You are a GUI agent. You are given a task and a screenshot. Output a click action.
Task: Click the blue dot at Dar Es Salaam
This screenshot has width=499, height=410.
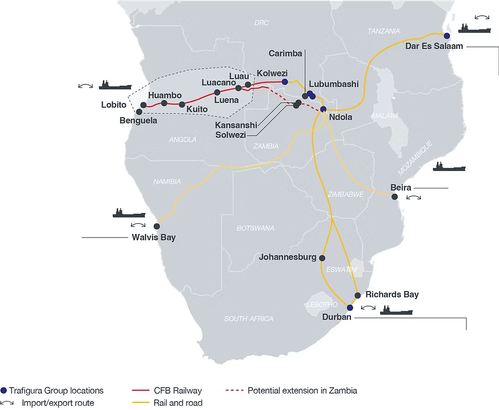447,36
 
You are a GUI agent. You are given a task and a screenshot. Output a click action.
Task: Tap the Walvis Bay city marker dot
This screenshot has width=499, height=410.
157,226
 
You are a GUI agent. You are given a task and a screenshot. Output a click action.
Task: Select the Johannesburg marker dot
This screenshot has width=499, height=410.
322,258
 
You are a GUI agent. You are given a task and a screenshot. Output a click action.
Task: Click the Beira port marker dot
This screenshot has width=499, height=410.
395,197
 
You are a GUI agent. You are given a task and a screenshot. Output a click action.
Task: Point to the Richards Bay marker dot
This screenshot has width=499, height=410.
357,295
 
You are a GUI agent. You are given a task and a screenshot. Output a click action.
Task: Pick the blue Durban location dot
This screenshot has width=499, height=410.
350,308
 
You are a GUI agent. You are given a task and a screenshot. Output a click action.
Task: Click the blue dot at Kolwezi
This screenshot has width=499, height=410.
285,82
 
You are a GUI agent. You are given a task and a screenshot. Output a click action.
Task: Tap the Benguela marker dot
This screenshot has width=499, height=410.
139,112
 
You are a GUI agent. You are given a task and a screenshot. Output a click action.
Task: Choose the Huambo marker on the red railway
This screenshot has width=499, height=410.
164,103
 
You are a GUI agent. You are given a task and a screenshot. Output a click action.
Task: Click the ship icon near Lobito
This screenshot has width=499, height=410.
115,85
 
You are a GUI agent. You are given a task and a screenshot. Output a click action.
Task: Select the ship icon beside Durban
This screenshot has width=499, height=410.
397,310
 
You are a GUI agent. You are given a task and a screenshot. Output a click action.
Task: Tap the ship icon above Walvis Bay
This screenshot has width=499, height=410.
129,213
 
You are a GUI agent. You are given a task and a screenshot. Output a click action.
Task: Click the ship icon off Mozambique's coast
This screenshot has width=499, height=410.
449,166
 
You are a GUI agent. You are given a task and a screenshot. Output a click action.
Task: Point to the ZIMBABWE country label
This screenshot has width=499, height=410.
346,194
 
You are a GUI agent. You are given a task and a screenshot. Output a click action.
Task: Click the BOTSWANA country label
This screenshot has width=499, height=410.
255,228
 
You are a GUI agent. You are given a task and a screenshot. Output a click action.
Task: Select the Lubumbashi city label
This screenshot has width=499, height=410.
334,84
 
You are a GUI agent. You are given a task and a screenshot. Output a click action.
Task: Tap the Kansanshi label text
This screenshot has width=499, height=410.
236,125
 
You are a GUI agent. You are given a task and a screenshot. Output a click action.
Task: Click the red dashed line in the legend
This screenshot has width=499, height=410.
235,390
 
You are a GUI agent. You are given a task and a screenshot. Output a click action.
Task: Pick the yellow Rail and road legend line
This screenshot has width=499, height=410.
141,403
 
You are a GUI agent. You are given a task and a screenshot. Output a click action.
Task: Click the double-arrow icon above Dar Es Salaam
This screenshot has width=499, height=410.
482,17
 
